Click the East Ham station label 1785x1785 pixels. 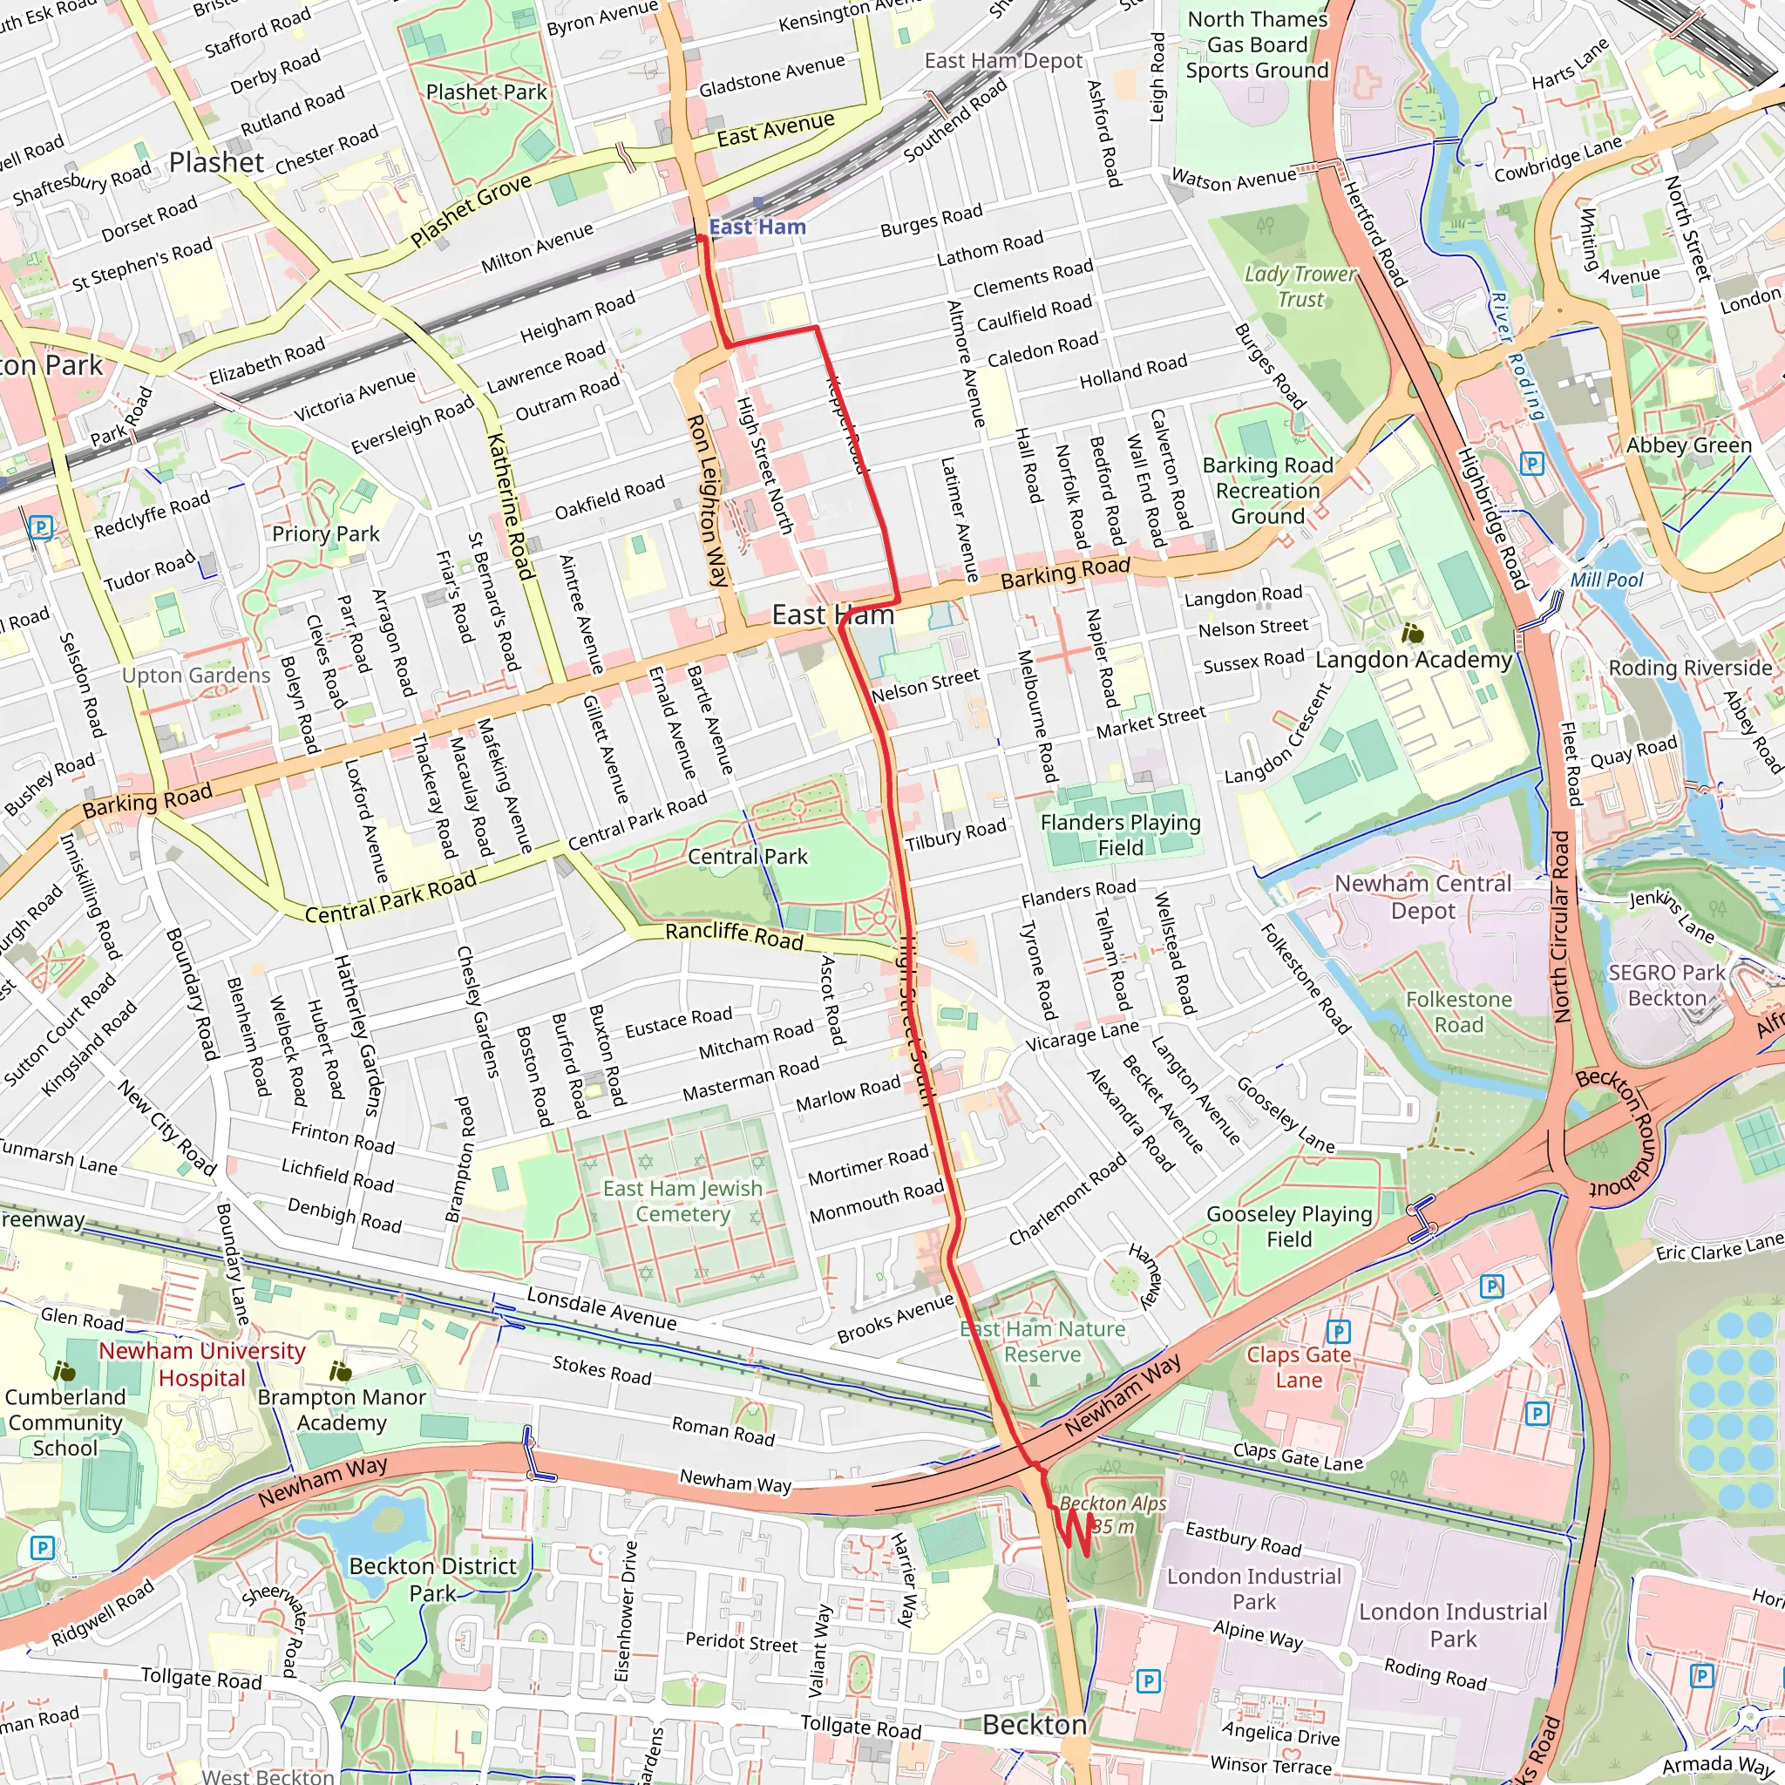click(757, 227)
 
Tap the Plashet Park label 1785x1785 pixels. click(486, 92)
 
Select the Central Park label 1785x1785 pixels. click(748, 857)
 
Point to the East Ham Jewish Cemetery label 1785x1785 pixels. click(682, 1201)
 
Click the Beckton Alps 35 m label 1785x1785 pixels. click(1112, 1515)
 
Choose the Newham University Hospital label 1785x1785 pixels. click(201, 1365)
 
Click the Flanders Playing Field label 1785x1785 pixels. click(1120, 835)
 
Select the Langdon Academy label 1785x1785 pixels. click(1413, 660)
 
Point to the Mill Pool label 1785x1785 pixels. click(1606, 580)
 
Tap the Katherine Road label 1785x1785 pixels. click(511, 506)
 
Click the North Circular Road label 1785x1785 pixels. click(1560, 926)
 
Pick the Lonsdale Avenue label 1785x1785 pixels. click(601, 1308)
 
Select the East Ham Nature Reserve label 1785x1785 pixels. click(1042, 1341)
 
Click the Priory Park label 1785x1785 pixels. click(325, 534)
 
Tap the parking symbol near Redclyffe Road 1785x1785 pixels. click(40, 527)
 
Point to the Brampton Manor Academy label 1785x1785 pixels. click(341, 1410)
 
